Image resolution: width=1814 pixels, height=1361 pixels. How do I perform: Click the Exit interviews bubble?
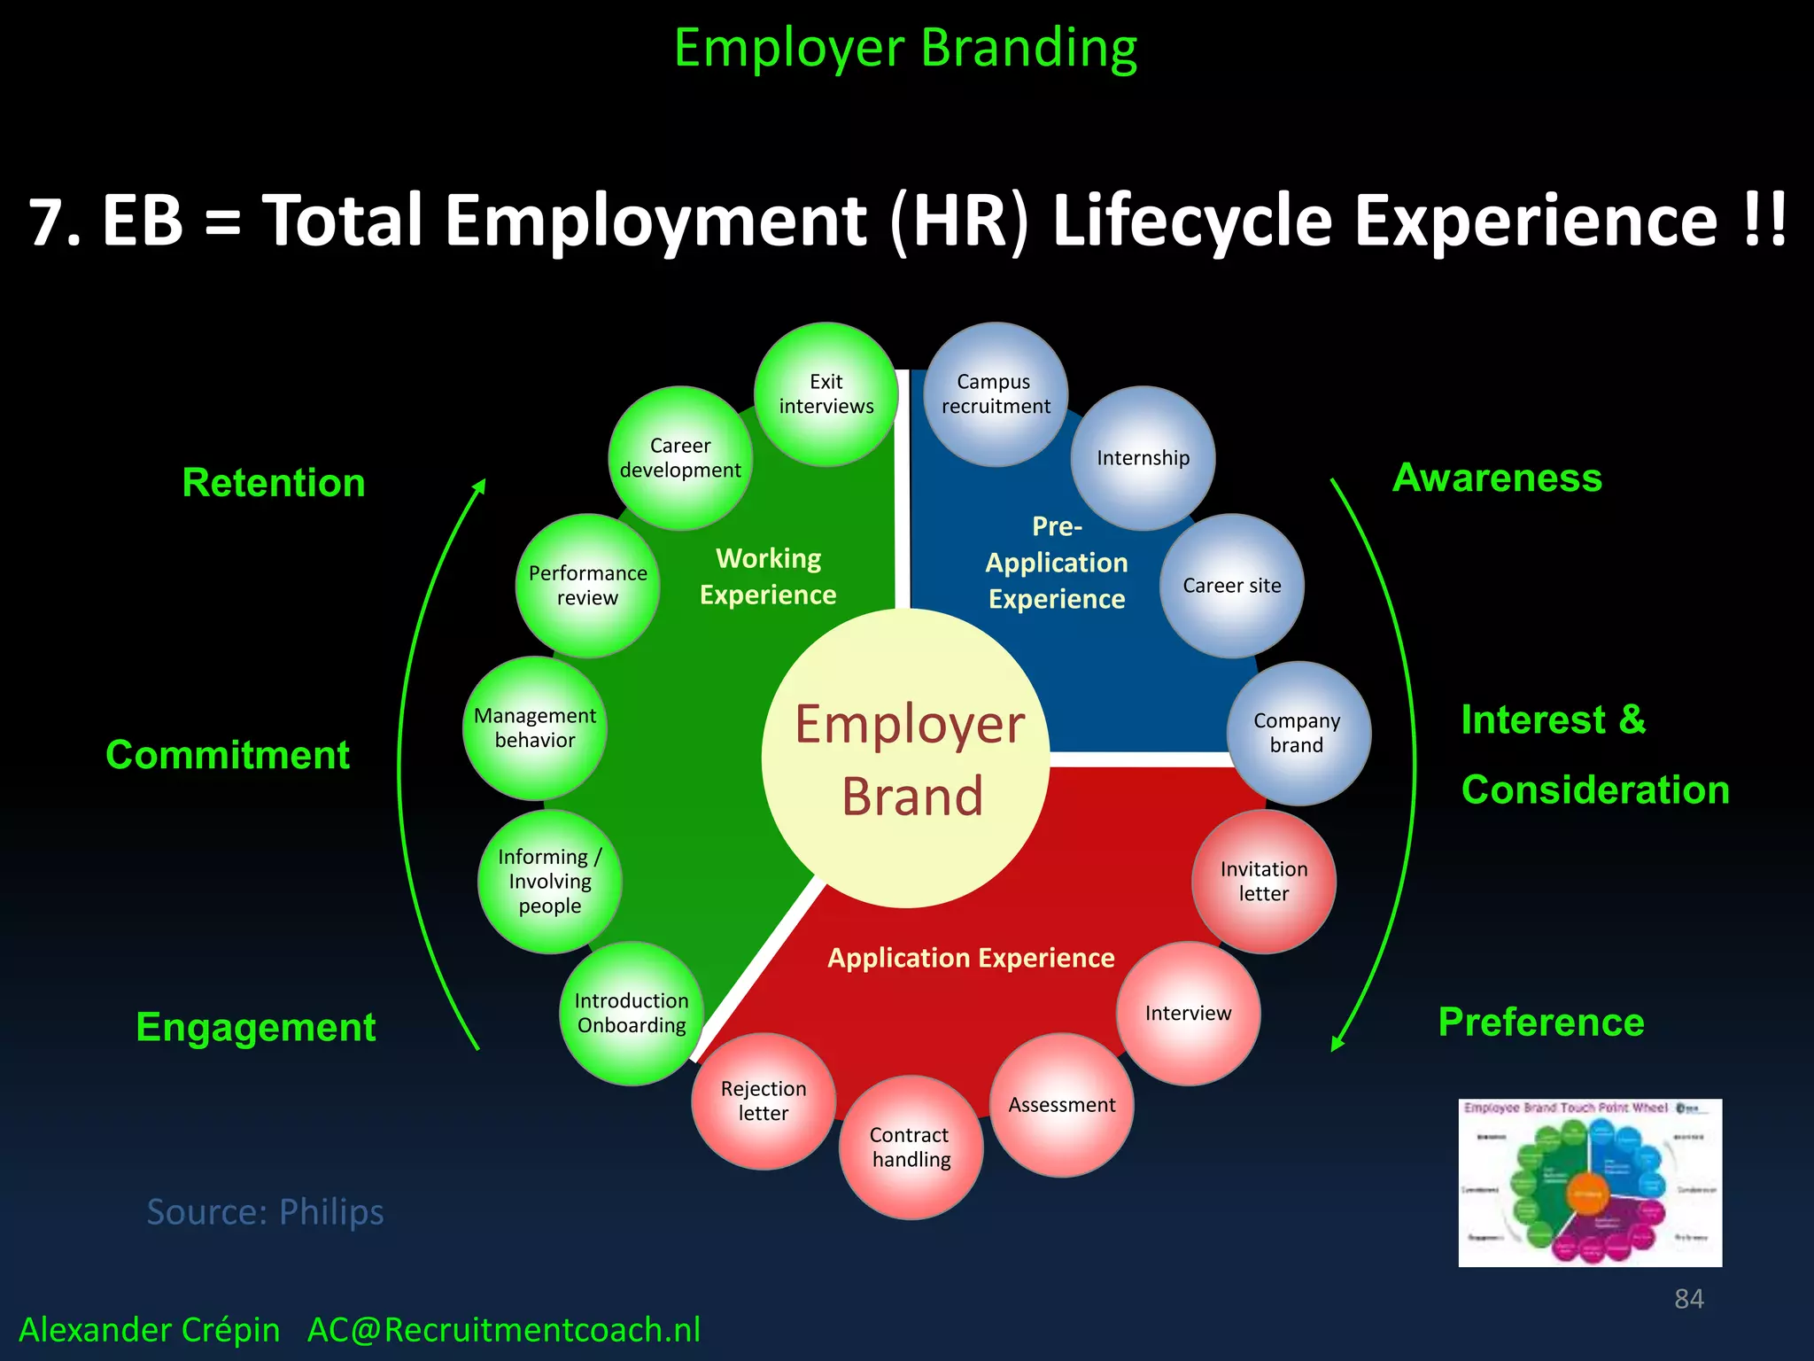826,394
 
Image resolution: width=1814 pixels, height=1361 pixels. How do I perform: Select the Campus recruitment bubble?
996,394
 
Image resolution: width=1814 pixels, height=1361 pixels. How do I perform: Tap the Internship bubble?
1143,458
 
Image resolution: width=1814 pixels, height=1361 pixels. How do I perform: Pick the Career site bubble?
1231,586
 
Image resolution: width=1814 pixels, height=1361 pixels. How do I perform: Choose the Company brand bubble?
1298,733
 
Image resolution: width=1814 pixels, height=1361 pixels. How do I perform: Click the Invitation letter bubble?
1263,881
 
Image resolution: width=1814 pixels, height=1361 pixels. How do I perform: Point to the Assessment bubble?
1061,1105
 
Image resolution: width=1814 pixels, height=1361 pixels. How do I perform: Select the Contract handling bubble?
911,1147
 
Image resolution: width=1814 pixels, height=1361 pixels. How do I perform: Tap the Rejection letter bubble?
764,1101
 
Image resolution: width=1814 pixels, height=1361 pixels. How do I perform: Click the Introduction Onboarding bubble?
632,1013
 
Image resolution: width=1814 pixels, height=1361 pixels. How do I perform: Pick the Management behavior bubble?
535,727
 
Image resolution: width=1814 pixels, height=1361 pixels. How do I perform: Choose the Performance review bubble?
587,586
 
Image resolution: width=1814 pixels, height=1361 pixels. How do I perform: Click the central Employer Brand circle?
907,758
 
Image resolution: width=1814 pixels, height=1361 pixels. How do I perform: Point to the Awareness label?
1497,478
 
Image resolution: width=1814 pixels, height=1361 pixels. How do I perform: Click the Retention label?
274,483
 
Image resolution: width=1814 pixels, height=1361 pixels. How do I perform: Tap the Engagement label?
256,1027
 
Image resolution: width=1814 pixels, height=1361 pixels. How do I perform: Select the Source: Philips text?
265,1211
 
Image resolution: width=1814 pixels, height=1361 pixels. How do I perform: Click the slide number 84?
1688,1299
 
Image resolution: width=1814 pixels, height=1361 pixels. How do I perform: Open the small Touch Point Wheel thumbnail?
1590,1182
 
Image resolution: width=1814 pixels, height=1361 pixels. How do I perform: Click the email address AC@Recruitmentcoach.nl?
504,1330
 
